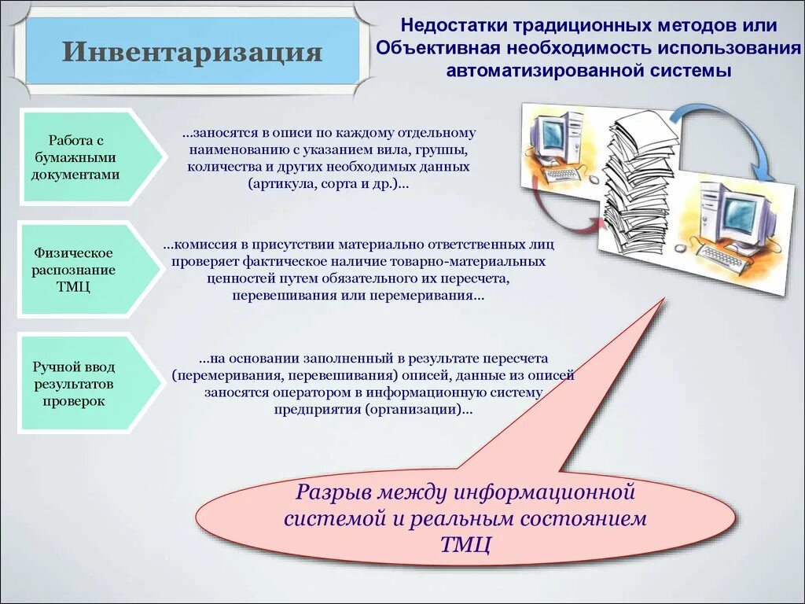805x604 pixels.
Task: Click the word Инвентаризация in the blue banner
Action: pos(193,53)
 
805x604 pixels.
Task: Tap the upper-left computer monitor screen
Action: pos(552,132)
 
